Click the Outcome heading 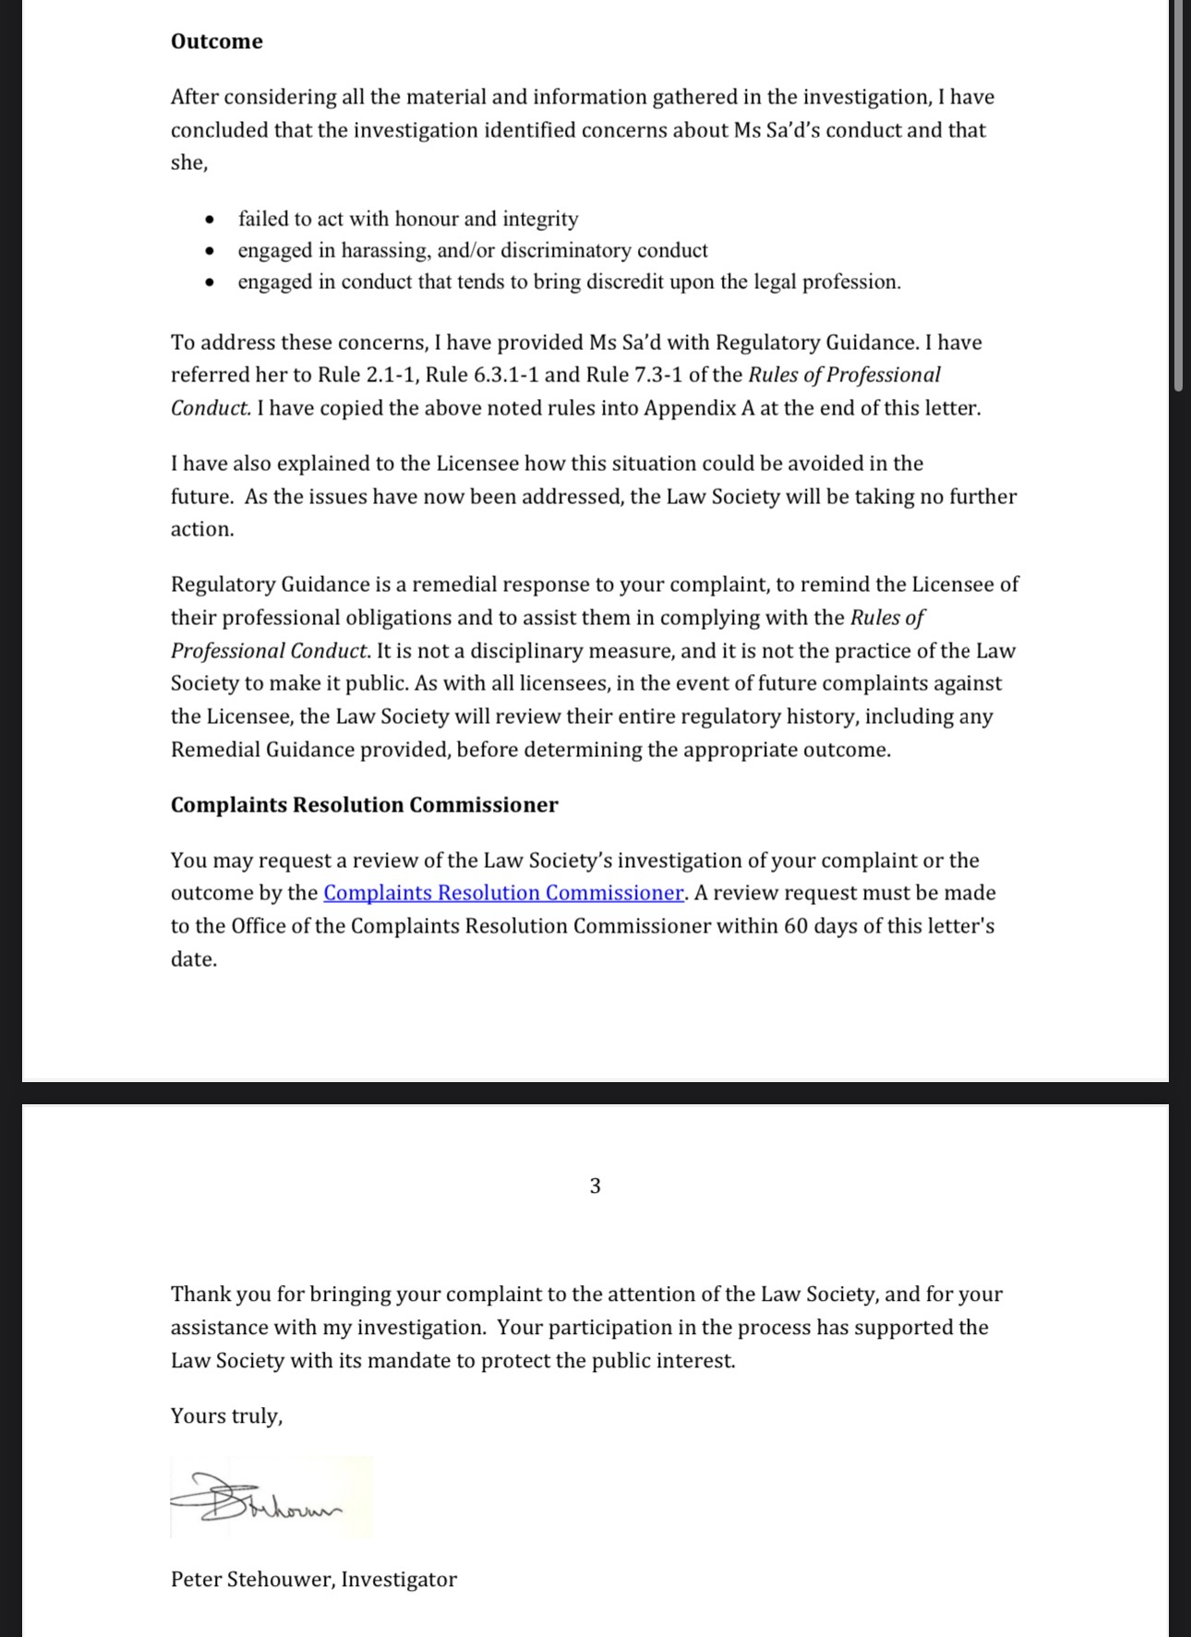pos(216,42)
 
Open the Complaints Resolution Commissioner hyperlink pos(503,893)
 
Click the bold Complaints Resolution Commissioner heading pos(364,805)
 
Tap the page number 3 pos(595,1186)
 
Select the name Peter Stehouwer pos(252,1580)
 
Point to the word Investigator pos(399,1580)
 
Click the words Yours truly pos(226,1416)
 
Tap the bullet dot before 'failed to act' pos(211,220)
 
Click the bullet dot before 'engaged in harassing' pos(211,251)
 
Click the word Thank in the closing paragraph pos(200,1294)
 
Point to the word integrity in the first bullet pos(540,220)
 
